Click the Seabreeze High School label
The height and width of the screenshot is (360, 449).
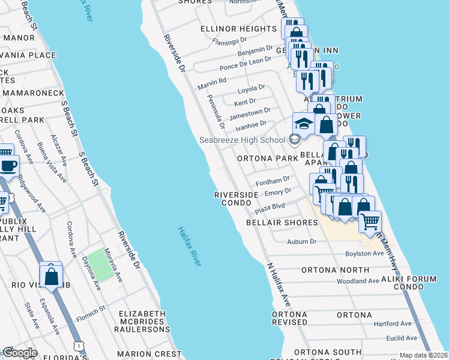point(243,140)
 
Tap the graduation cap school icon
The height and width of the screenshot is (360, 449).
point(304,124)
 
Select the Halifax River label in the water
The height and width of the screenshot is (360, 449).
point(189,246)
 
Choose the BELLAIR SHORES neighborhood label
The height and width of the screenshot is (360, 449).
point(282,223)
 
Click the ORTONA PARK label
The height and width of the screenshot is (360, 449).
point(267,159)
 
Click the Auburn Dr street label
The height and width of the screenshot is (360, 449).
point(301,242)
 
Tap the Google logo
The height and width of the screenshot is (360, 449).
point(20,353)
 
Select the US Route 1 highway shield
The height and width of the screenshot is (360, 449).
point(77,346)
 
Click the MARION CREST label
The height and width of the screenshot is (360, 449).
point(149,354)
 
